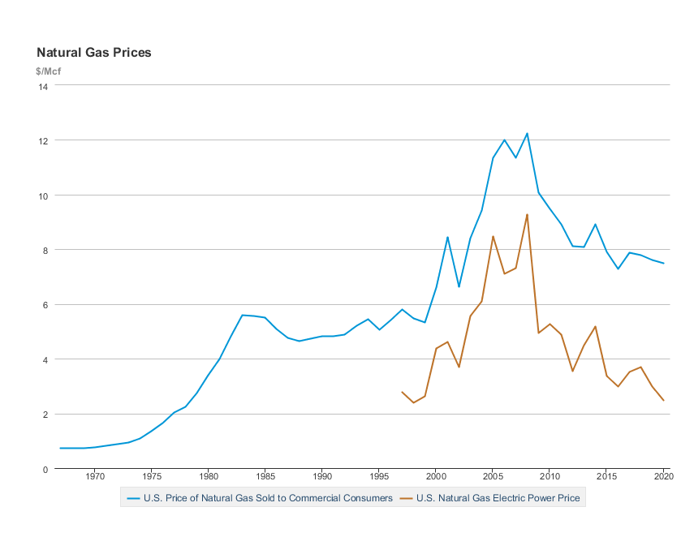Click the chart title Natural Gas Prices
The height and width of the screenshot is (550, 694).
click(94, 53)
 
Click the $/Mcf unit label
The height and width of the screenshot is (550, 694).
click(49, 71)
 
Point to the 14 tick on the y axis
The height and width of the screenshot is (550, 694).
click(43, 85)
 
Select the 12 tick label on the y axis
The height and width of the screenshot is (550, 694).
click(43, 140)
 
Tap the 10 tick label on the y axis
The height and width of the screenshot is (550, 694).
click(43, 196)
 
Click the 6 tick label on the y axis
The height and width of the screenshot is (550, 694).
click(45, 305)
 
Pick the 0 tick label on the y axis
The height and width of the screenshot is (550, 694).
click(45, 469)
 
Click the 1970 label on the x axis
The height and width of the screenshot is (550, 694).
click(94, 479)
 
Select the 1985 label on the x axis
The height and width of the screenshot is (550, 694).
click(265, 479)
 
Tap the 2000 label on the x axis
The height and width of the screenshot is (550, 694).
click(436, 479)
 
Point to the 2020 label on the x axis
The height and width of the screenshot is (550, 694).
click(664, 479)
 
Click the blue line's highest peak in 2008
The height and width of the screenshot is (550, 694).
click(527, 133)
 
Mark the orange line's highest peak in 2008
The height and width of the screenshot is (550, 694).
click(527, 214)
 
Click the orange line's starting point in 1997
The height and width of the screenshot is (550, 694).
click(402, 392)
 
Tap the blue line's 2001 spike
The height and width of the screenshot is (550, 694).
click(447, 237)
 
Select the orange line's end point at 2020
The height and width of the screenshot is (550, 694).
click(664, 401)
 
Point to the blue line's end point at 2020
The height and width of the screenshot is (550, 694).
click(664, 263)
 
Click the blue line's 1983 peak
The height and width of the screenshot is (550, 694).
click(242, 315)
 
